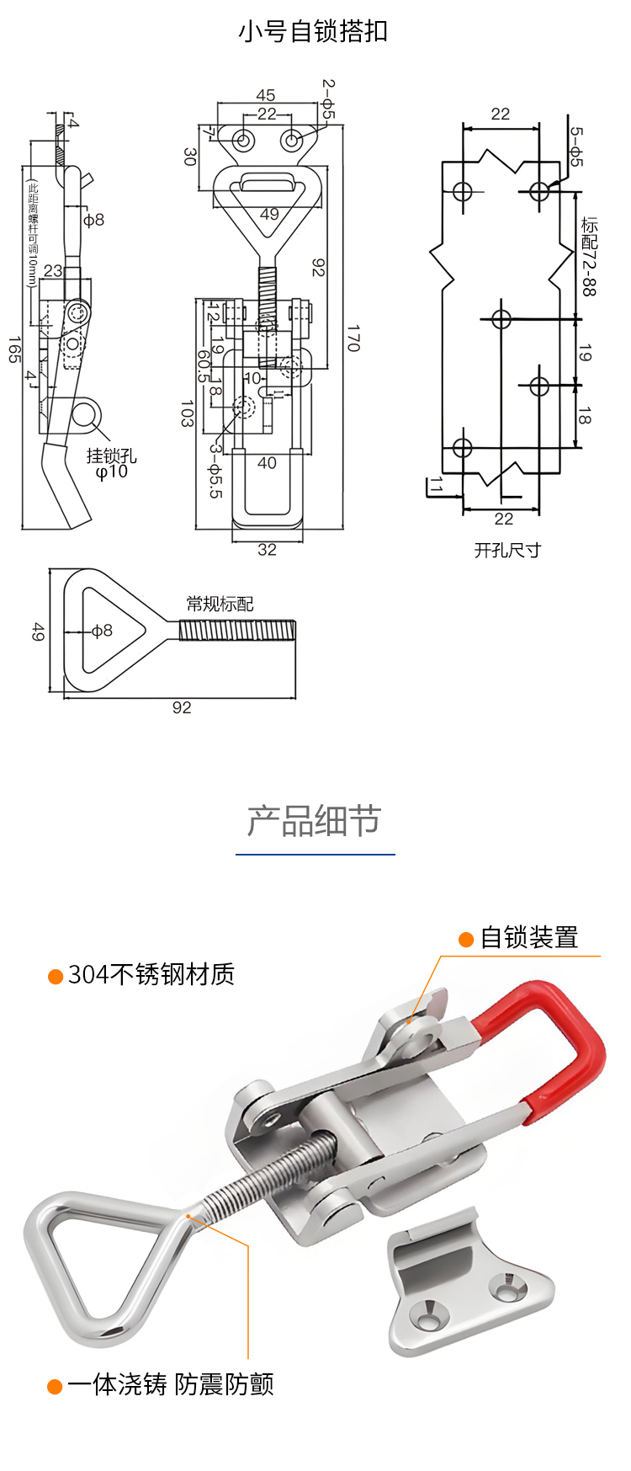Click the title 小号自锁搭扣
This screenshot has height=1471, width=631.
coord(313,32)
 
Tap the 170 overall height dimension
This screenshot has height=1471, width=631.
coord(353,338)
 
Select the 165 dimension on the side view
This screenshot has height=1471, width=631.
coord(14,349)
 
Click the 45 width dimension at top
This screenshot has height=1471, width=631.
coord(266,96)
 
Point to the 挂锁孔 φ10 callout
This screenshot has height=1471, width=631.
coord(111,463)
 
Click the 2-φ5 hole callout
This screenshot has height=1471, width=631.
coord(328,100)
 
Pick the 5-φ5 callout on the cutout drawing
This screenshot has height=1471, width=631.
coord(575,147)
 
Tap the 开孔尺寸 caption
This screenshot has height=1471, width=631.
coord(507,550)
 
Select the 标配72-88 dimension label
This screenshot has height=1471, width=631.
coord(589,257)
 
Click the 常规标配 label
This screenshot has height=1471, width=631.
coord(220,604)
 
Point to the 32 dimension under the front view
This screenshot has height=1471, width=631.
coord(267,550)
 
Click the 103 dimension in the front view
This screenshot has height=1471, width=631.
coord(187,413)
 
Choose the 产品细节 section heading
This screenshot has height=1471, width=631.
coord(315,821)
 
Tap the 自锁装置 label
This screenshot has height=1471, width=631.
coord(528,938)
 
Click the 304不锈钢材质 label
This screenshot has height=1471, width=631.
coord(151,975)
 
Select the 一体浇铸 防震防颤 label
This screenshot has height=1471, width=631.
coord(171,1385)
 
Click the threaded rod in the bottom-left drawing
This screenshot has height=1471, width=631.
coord(237,631)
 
